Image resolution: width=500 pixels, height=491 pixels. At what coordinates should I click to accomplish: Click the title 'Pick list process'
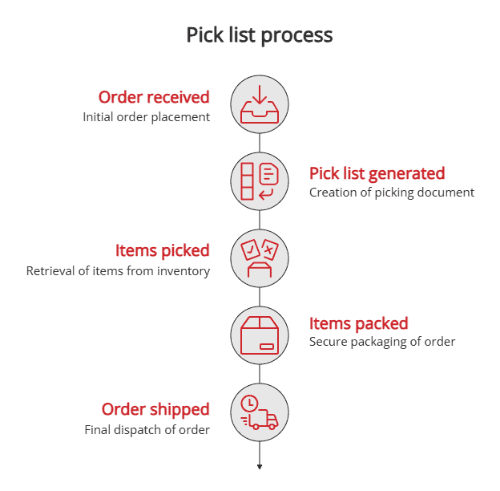coord(260,35)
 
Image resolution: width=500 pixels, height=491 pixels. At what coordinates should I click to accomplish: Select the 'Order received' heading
coord(154,97)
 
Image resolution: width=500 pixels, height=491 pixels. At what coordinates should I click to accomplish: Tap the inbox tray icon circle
coord(260,103)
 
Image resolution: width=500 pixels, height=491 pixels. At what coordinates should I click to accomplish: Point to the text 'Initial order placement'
coord(147,117)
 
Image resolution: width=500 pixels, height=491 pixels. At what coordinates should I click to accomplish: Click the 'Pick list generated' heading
coord(377,173)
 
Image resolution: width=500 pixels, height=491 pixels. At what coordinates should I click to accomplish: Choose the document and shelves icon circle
coord(260,181)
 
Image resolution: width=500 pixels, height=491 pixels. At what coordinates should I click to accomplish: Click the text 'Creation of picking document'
coord(392,193)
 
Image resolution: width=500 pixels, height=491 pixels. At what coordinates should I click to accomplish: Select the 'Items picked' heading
coord(163,250)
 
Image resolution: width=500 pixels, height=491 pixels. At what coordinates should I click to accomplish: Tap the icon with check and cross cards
coord(260,258)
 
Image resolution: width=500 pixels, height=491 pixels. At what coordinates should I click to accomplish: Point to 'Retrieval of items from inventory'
coord(118,271)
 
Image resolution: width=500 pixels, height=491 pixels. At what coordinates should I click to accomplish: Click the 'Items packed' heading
coord(359,323)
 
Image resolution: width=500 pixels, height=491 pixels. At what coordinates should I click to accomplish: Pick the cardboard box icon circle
coord(260,335)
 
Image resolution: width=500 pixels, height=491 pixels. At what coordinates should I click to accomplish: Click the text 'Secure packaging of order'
coord(382,342)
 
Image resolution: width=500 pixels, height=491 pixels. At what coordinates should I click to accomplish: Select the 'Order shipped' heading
coord(155,409)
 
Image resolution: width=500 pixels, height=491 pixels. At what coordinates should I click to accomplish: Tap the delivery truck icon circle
coord(260,412)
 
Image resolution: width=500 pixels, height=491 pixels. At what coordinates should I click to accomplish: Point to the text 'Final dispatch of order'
coord(147,430)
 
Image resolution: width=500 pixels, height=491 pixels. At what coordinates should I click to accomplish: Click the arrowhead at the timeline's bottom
coord(260,467)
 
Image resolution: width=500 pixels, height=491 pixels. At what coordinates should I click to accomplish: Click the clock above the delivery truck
coord(250,402)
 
